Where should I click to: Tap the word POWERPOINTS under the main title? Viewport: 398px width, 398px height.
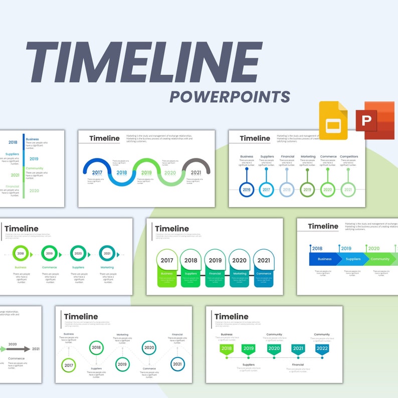(x=230, y=96)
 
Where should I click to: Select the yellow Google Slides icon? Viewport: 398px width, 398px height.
(x=333, y=120)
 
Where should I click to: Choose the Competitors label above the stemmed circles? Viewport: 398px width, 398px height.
(x=348, y=156)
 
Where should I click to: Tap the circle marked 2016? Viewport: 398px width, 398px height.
(x=247, y=190)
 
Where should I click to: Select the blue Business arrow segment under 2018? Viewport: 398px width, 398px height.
(x=324, y=259)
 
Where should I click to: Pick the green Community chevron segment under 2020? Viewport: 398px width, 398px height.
(x=380, y=259)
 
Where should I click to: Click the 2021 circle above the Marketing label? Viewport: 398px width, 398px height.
(x=107, y=254)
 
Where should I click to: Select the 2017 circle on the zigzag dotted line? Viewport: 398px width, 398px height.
(x=69, y=365)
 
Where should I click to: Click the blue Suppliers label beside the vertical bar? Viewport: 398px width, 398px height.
(x=12, y=154)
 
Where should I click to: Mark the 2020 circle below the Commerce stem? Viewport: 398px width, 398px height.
(x=328, y=190)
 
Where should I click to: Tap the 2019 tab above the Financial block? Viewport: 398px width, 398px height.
(x=215, y=261)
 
